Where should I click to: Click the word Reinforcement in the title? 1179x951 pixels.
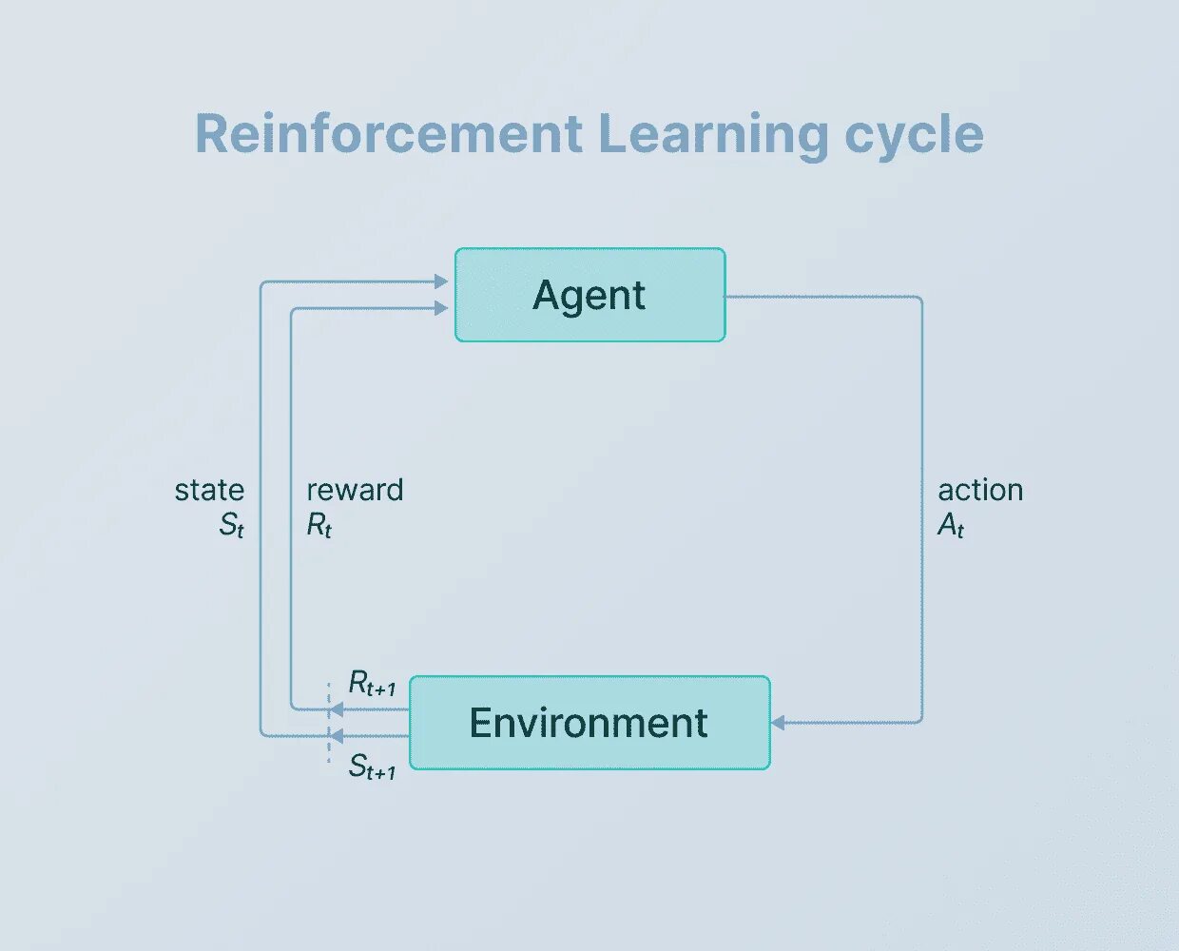(388, 133)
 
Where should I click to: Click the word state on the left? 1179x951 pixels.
(209, 490)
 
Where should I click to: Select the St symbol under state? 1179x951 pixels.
(232, 525)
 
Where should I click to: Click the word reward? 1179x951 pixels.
(355, 490)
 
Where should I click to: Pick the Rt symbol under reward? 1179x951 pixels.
(319, 525)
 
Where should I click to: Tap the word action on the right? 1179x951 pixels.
(980, 490)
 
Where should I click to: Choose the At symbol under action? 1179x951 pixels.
(951, 525)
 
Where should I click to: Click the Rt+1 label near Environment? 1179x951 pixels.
(372, 684)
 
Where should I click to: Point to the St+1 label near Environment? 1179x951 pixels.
(372, 767)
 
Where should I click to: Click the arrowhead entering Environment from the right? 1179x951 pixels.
(777, 723)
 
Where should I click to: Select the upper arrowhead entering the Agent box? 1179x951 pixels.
(440, 281)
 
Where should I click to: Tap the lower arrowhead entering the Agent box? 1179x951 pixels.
(440, 308)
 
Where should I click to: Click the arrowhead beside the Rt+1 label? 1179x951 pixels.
(336, 709)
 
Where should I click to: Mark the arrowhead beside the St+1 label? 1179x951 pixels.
(336, 735)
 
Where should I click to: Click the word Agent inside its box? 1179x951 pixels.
(589, 296)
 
